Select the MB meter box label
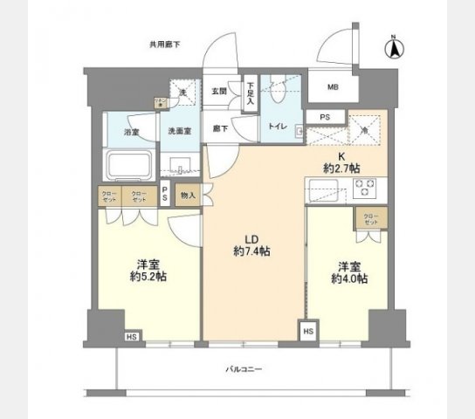[x=333, y=87]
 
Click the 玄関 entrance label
[x=219, y=92]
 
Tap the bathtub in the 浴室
[x=128, y=164]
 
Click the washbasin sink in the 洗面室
[x=182, y=163]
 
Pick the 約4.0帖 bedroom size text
[x=349, y=279]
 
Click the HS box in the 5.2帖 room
[x=132, y=336]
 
